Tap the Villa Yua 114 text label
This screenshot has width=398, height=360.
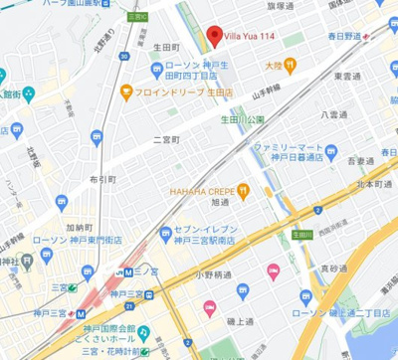[250, 38]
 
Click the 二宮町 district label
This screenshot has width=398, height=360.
[169, 139]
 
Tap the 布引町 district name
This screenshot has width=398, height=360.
[102, 180]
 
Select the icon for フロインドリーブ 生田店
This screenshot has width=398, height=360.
[126, 93]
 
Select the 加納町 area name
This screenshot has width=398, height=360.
[80, 227]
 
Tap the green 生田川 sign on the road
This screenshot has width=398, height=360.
[301, 235]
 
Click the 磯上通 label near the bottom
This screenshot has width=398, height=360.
[239, 321]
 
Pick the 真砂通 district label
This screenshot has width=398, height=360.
[334, 269]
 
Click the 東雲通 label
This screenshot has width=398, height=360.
[347, 76]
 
